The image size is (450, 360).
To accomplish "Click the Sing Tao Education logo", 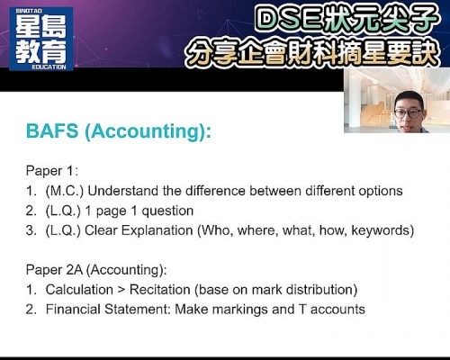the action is click(41, 39).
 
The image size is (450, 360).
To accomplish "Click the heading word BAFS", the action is click(52, 131).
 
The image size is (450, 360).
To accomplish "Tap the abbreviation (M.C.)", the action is click(65, 191).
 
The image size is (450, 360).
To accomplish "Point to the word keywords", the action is click(380, 230).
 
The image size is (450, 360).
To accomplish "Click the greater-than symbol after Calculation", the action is click(121, 290).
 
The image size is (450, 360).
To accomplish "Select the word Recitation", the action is click(160, 290).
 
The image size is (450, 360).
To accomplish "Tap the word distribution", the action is click(319, 290).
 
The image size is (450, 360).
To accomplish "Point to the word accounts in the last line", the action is click(337, 310).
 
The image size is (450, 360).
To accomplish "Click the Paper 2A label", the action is click(54, 270).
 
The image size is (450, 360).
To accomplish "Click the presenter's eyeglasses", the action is click(408, 113).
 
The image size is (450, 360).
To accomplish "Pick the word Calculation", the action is click(79, 290).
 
